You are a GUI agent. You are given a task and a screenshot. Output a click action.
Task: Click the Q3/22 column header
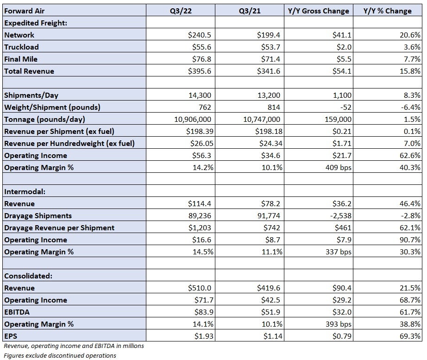coord(181,11)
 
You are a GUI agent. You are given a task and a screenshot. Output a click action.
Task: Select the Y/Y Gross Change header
coord(318,11)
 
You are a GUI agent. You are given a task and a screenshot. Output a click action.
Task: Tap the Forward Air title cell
coord(24,11)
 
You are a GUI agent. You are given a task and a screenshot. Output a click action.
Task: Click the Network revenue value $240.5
coord(199,35)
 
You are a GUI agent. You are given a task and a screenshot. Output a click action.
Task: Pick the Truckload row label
coord(21,47)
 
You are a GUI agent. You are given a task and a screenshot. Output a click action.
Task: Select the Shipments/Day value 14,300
coord(200,95)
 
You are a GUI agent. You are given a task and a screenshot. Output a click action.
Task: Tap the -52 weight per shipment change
coord(345,107)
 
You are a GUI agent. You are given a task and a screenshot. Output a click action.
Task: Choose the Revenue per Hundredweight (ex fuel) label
coord(69,143)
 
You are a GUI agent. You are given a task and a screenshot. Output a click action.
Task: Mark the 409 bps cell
coord(338,167)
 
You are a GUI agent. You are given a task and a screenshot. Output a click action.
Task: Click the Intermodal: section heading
coord(25,191)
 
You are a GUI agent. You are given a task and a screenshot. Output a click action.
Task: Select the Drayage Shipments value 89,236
coord(200,215)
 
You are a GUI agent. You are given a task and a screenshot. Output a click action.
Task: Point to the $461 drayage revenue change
coord(343,227)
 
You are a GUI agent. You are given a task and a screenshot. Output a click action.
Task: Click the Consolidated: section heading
coord(28,276)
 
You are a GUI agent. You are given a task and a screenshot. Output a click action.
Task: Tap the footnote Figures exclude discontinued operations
coord(60,355)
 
